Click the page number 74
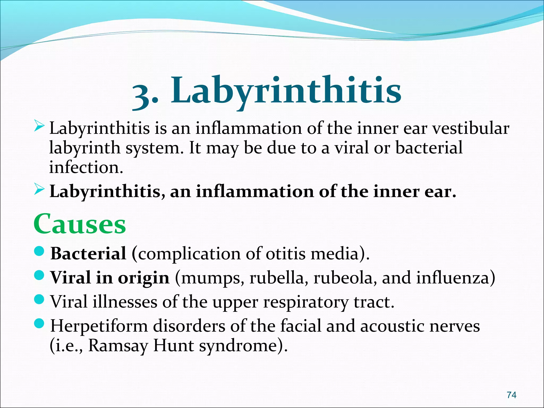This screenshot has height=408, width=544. click(x=512, y=395)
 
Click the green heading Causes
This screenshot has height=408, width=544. click(x=80, y=224)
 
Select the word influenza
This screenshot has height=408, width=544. click(x=453, y=278)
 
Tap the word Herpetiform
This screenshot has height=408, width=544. click(x=99, y=326)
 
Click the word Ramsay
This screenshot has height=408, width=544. click(x=118, y=346)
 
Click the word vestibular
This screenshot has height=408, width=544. click(x=470, y=128)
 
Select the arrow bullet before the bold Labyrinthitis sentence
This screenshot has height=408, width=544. click(x=39, y=190)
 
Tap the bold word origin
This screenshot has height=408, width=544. click(x=143, y=278)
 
